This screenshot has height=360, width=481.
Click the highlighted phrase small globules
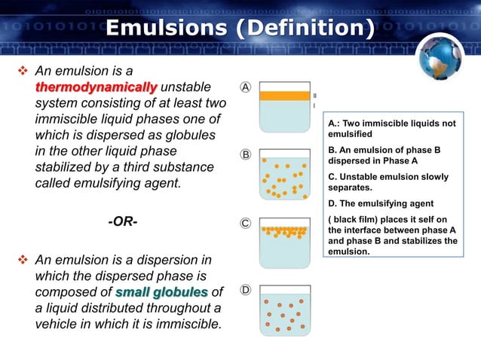click(x=163, y=292)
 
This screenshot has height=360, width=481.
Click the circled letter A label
click(x=246, y=87)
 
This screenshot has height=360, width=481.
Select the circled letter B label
click(x=246, y=155)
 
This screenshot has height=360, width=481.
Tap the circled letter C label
click(x=246, y=224)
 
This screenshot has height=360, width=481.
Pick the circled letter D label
click(x=246, y=290)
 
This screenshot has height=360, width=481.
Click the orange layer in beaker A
click(x=284, y=96)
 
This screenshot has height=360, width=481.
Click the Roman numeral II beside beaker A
click(x=314, y=96)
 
